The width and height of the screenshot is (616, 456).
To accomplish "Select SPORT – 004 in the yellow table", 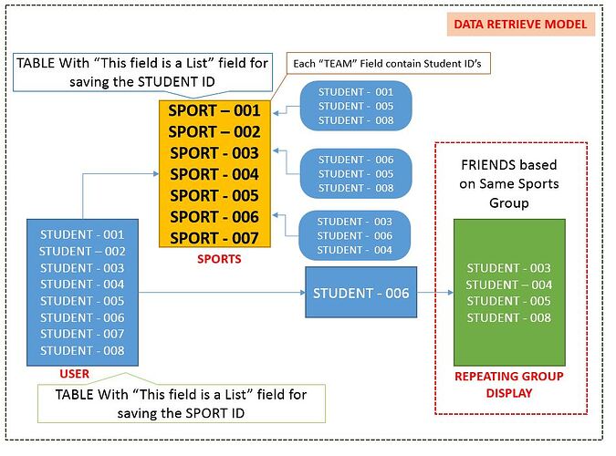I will (215, 174).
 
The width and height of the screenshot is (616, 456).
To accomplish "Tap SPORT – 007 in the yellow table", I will (215, 237).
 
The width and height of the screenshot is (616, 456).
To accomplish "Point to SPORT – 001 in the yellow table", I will (215, 111).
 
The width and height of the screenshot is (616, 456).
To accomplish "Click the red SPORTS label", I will (219, 259).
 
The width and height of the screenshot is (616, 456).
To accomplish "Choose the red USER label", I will (75, 373).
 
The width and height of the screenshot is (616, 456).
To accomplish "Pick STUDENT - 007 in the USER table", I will (82, 334).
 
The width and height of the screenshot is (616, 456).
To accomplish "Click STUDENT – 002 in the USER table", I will (82, 251).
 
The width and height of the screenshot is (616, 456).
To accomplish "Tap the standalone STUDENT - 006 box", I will (360, 293).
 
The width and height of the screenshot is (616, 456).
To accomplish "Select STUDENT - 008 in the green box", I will (508, 317).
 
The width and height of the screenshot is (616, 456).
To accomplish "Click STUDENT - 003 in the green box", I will (508, 268).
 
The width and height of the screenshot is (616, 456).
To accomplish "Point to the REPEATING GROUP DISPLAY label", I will (509, 384).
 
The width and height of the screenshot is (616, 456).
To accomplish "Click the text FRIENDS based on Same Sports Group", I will (508, 184).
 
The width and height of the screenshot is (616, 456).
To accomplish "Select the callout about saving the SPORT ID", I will (180, 404).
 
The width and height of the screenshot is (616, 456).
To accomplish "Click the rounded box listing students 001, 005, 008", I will (356, 106).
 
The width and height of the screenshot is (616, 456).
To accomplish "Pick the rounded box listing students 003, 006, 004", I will (356, 235).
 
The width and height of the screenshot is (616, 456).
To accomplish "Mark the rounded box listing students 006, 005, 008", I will (356, 173).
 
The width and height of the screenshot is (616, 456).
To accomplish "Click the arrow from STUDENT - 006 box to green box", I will (434, 293).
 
